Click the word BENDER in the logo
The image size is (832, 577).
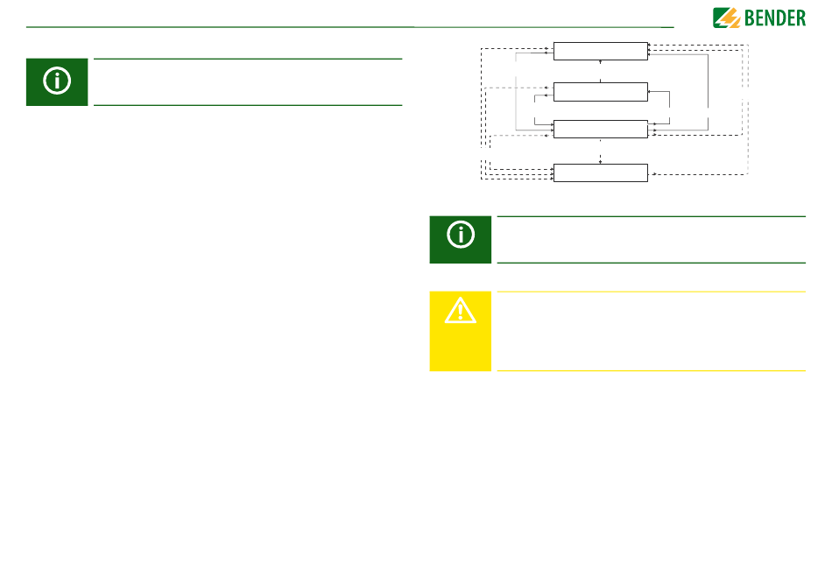pos(774,17)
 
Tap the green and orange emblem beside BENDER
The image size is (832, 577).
pos(726,17)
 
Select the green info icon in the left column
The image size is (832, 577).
pos(57,81)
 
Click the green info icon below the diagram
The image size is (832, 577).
pos(461,239)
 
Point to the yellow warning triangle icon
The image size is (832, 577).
pos(461,310)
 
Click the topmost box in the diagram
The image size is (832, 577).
pos(601,50)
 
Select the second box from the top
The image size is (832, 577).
pos(601,90)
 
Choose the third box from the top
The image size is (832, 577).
pos(601,129)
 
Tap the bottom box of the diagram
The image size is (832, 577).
pos(601,172)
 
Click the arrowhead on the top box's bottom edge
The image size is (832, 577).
pos(601,61)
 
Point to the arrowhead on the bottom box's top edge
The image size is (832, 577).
pos(601,162)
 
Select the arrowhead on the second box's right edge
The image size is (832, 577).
pos(650,90)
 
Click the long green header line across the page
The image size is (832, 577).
pos(350,27)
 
